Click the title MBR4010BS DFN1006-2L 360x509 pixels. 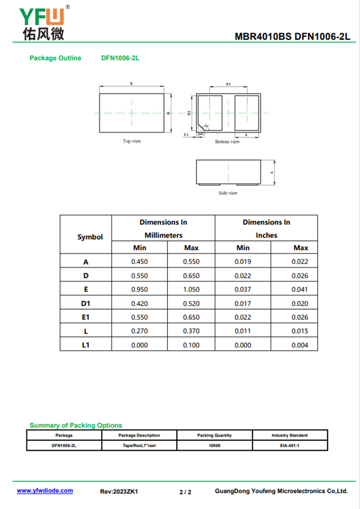pyautogui.click(x=292, y=37)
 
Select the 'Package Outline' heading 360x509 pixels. pyautogui.click(x=55, y=58)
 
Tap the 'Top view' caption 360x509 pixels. pyautogui.click(x=132, y=141)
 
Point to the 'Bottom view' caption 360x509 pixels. pyautogui.click(x=227, y=142)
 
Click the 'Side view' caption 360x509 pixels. pyautogui.click(x=228, y=193)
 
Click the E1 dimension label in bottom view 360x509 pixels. pyautogui.click(x=228, y=84)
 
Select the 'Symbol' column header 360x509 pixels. pyautogui.click(x=90, y=237)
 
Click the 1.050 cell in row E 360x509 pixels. pyautogui.click(x=191, y=289)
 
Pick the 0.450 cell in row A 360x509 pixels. pyautogui.click(x=139, y=261)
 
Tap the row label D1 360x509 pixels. pyautogui.click(x=86, y=303)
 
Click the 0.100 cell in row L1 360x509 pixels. pyautogui.click(x=191, y=345)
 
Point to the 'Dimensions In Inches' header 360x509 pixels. pyautogui.click(x=266, y=229)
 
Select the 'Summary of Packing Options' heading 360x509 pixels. pyautogui.click(x=76, y=425)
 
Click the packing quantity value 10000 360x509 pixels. pyautogui.click(x=215, y=445)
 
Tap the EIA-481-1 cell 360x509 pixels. pyautogui.click(x=289, y=445)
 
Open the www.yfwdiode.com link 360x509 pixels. pyautogui.click(x=45, y=491)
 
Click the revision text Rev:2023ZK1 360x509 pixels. pyautogui.click(x=119, y=492)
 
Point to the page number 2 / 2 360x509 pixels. pyautogui.click(x=185, y=492)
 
